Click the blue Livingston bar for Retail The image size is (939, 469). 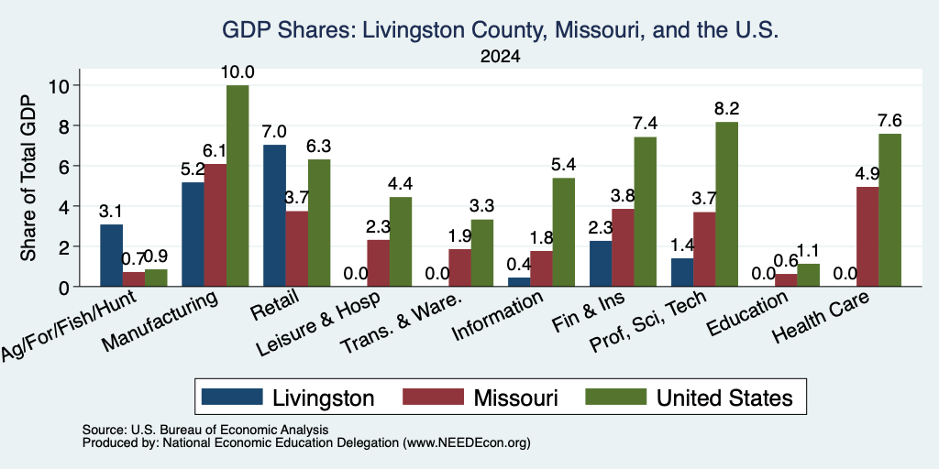[x=274, y=215]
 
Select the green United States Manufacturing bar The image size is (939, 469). [x=238, y=185]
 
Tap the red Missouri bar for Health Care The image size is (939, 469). [x=867, y=237]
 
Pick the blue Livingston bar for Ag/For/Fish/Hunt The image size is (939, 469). [x=111, y=256]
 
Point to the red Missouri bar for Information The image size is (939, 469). [x=541, y=268]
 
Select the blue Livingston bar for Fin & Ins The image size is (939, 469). [x=601, y=264]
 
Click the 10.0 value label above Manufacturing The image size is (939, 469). [x=238, y=73]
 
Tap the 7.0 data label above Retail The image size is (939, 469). [x=274, y=132]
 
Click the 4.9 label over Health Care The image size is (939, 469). [x=867, y=174]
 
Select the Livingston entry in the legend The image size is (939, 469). [x=288, y=398]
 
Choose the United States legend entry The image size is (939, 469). [x=689, y=398]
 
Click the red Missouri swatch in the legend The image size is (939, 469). [x=434, y=397]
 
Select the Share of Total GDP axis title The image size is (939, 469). [x=28, y=177]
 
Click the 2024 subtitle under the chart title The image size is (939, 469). [x=500, y=57]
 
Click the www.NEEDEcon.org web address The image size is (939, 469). [x=467, y=443]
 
